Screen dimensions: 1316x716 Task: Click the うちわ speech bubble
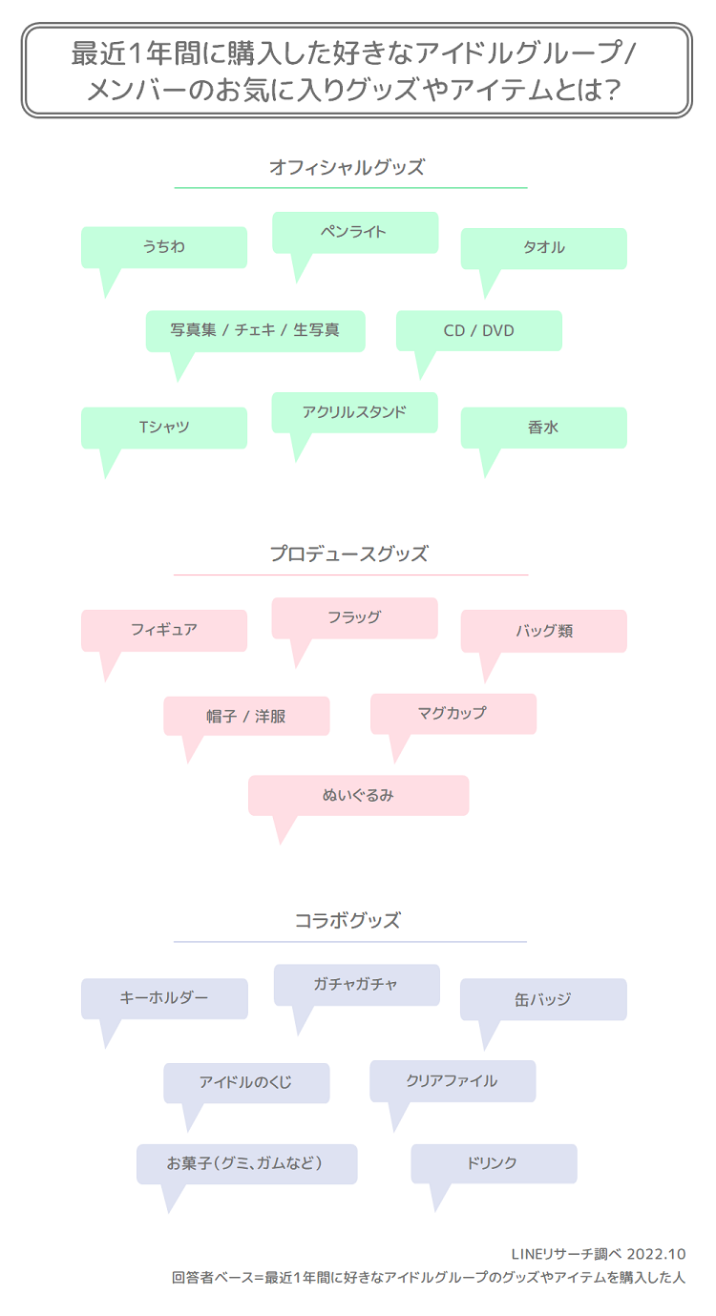coord(164,247)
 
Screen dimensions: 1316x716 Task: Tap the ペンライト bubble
coord(355,232)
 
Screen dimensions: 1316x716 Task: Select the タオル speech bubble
coord(543,248)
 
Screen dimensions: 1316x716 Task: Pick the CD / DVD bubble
coord(478,330)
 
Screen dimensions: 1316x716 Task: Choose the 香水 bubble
coord(543,428)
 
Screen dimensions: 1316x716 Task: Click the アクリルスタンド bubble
coord(354,412)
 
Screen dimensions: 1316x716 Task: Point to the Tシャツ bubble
coord(164,428)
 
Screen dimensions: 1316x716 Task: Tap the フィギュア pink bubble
coord(164,630)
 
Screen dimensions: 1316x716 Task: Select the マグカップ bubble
coord(453,713)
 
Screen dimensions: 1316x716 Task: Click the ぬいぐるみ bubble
coord(358,795)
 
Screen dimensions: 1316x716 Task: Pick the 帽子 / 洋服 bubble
coord(246,716)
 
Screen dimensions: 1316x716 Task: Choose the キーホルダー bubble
coord(164,998)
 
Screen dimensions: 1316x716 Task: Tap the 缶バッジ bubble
coord(543,999)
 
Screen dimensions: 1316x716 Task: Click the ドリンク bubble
coord(494,1163)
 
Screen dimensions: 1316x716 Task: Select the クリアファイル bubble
coord(453,1081)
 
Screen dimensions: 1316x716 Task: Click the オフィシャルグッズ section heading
coord(347,168)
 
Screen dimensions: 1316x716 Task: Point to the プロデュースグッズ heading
coord(348,554)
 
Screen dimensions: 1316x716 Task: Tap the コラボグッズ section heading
coord(347,921)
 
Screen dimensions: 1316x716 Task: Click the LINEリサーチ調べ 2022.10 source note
coord(599,1254)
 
